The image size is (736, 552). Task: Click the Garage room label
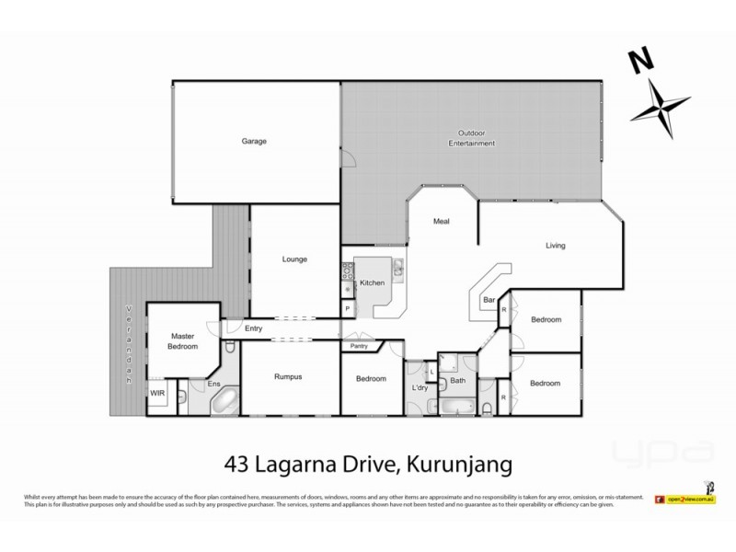[254, 142]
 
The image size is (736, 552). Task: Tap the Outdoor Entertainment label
[471, 138]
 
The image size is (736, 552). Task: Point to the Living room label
[555, 246]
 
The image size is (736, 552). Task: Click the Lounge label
[294, 259]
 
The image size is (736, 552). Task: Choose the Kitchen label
[371, 282]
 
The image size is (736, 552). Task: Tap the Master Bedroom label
[182, 341]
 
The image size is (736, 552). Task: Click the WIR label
[157, 393]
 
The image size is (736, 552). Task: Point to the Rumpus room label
[288, 377]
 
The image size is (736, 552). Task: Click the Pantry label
[359, 347]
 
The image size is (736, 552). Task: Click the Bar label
[489, 300]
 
